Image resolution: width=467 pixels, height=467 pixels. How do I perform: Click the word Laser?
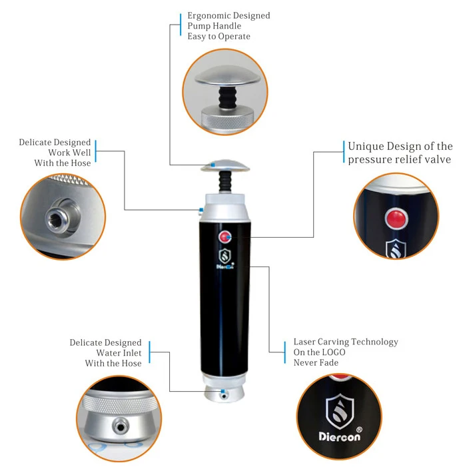click(306, 342)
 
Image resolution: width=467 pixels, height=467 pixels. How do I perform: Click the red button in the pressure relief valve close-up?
click(396, 217)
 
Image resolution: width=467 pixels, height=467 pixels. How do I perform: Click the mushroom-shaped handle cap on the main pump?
click(223, 165)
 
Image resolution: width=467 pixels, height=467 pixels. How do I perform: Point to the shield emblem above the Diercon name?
click(338, 408)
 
